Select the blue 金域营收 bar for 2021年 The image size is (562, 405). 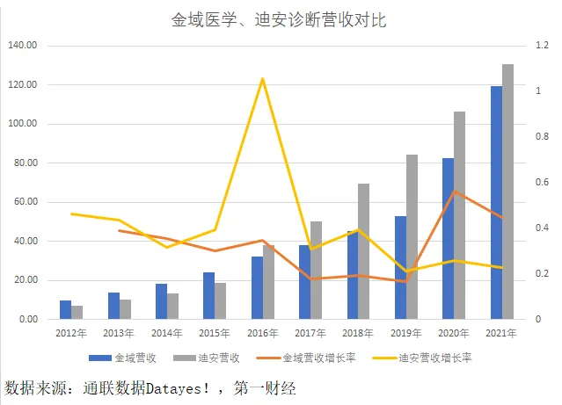[496, 202]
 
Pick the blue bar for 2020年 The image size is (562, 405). [448, 238]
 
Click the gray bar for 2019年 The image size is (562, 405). [412, 236]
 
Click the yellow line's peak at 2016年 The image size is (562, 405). [262, 79]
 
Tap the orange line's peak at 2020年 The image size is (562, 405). [454, 192]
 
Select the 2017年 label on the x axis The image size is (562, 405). [310, 333]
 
